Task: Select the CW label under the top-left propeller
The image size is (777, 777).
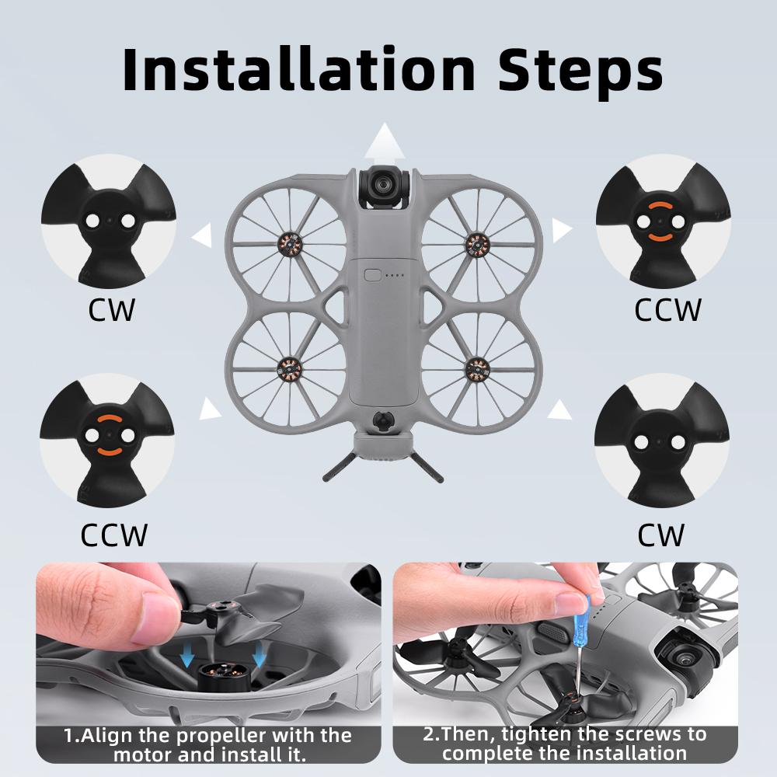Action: (x=111, y=310)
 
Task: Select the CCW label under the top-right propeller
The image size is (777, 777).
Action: (x=667, y=310)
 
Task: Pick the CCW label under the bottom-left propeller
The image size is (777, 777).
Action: (x=113, y=535)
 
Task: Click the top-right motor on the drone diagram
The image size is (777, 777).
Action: (x=476, y=244)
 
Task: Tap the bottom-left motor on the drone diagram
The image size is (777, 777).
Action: (x=289, y=365)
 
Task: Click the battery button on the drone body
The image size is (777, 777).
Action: (x=372, y=274)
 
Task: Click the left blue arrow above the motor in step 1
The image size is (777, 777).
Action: (x=187, y=660)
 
